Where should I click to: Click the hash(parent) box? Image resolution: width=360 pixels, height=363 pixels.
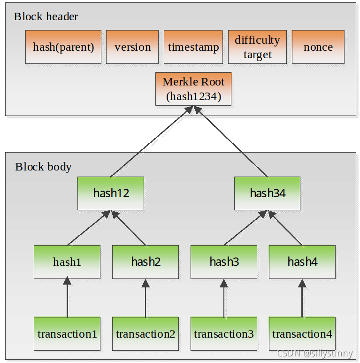coord(63,47)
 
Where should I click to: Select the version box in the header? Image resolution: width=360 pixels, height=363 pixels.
coord(132,47)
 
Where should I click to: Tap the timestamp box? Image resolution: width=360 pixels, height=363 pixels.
coord(193,47)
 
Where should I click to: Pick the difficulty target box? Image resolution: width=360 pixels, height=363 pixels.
coord(257,47)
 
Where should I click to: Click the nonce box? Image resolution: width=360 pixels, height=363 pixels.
coord(318,47)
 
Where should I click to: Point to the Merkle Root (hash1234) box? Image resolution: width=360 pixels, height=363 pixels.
coord(193,89)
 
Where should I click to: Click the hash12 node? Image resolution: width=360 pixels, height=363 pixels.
coord(111,193)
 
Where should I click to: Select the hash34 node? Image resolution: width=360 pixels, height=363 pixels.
coord(267,193)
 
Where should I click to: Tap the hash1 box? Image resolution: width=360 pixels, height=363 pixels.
coord(67,262)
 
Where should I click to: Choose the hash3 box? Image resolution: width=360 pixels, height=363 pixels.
coord(224,262)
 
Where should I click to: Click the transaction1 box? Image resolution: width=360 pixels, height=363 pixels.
coord(67,334)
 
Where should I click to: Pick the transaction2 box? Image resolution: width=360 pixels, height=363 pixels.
coord(146,334)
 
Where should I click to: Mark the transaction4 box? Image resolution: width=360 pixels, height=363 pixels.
coord(302,334)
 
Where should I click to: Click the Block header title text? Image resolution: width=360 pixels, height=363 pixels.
coord(46,16)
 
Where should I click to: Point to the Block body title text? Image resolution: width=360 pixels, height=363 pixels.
coord(43,167)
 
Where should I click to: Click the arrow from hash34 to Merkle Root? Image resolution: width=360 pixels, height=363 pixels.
coord(230,141)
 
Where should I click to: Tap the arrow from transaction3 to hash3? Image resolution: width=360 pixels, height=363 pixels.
coord(224,298)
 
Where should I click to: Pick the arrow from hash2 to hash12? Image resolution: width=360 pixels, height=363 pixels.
coord(129,228)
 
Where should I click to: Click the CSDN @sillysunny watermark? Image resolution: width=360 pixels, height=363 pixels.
coord(314,354)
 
